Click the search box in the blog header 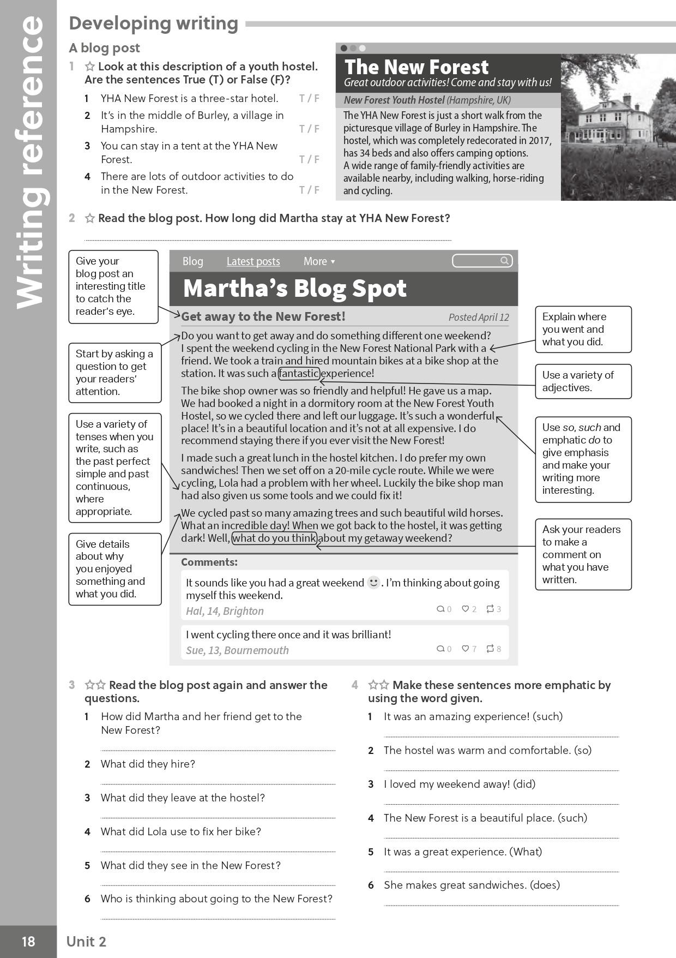click(482, 261)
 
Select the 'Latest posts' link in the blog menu click(253, 261)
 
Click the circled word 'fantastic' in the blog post click(299, 373)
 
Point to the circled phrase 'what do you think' click(275, 538)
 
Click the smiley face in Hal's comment click(373, 583)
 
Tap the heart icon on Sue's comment click(466, 649)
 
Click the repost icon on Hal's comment click(490, 609)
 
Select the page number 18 click(28, 942)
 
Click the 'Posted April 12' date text click(479, 317)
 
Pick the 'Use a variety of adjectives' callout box click(583, 381)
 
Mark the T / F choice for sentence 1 click(309, 99)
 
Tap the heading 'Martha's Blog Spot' click(294, 289)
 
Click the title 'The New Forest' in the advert click(417, 67)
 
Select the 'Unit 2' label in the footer click(86, 942)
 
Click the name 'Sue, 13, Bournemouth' click(237, 650)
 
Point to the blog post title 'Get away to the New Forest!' click(263, 316)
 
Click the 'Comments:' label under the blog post click(209, 562)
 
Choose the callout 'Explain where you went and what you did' click(583, 329)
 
